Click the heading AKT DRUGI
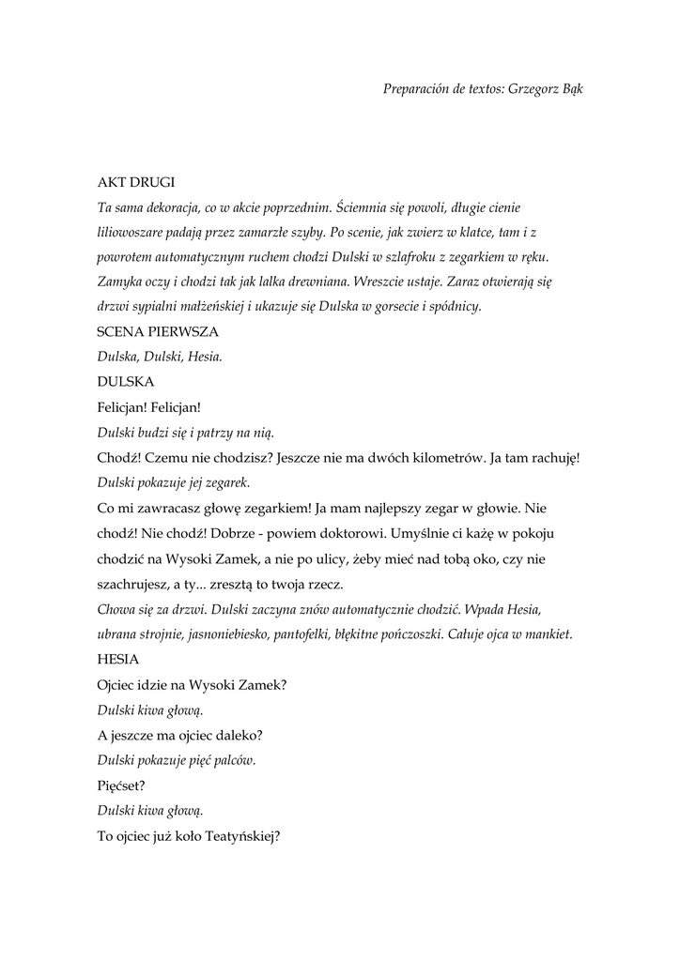[x=136, y=181]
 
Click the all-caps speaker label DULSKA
[x=125, y=382]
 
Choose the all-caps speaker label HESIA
[x=117, y=659]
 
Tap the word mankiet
[x=547, y=633]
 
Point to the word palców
[x=234, y=760]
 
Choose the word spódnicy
[x=453, y=306]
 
